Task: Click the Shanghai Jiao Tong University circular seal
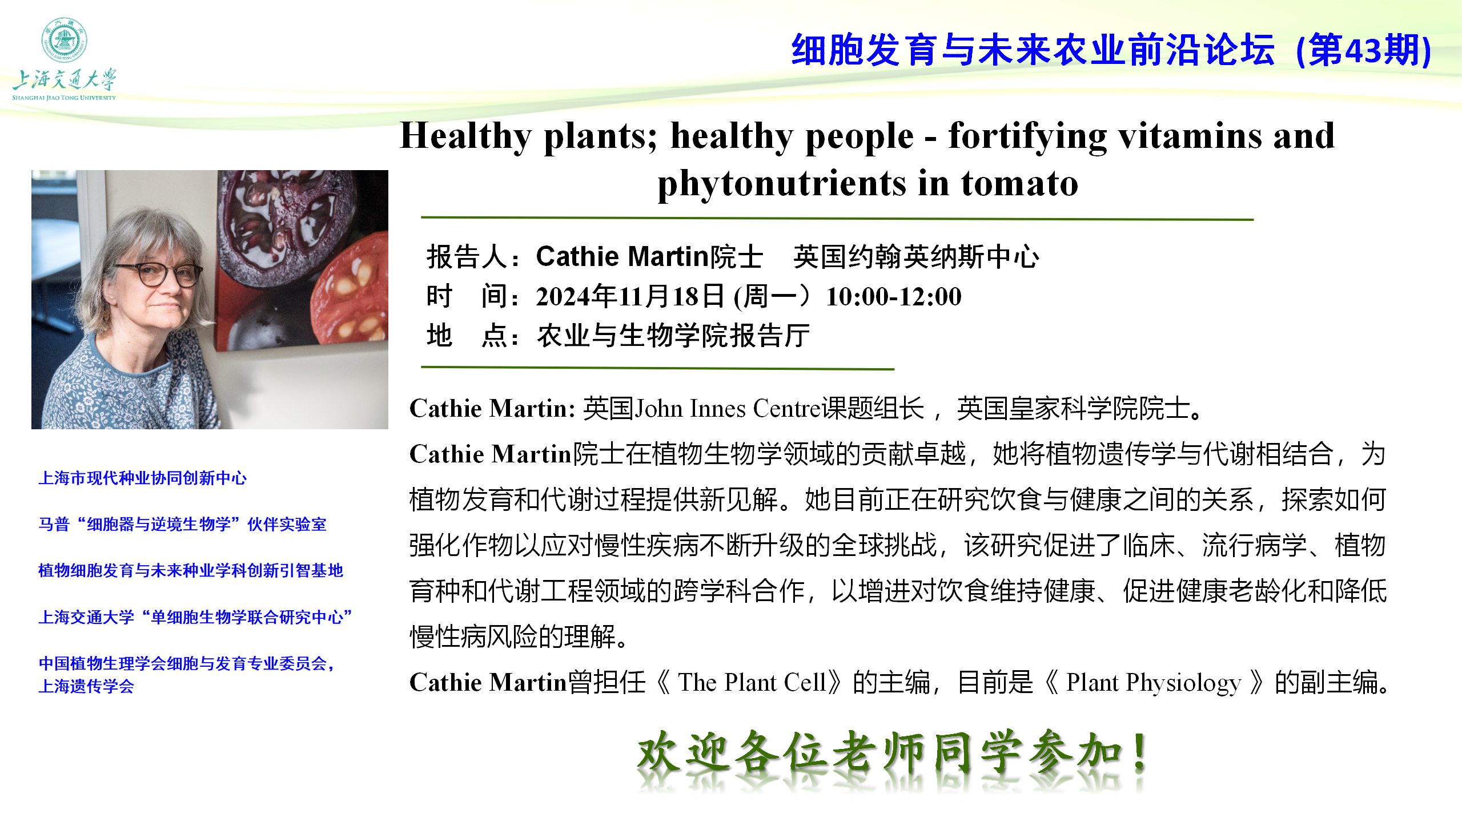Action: click(64, 39)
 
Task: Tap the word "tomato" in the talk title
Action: click(1019, 184)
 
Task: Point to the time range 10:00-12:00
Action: click(894, 296)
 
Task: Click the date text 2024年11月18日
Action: click(630, 296)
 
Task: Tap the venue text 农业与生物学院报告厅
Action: click(673, 335)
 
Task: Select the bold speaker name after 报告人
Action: click(649, 256)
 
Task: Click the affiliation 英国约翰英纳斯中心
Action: click(917, 256)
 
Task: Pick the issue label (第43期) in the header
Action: click(1364, 50)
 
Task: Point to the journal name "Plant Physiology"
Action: click(1154, 683)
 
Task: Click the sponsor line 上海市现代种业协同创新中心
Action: click(142, 478)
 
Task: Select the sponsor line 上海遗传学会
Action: click(86, 686)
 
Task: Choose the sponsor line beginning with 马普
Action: click(182, 524)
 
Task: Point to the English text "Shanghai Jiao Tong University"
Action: click(64, 98)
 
